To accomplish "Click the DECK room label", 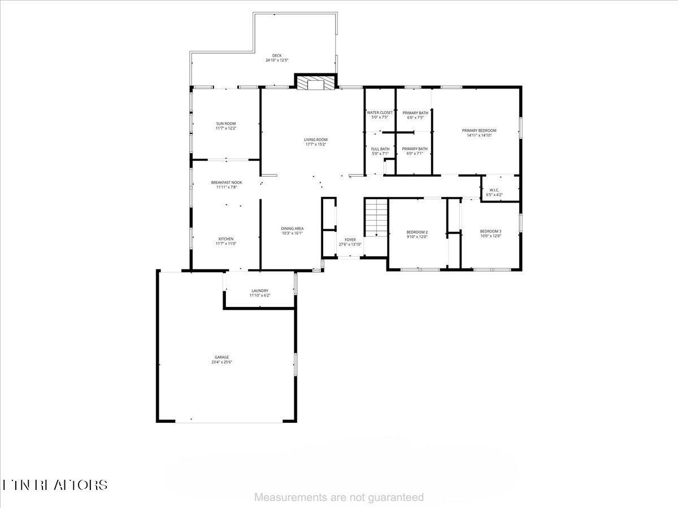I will (x=277, y=55).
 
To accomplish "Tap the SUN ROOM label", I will (x=226, y=124).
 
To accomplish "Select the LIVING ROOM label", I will (x=316, y=139).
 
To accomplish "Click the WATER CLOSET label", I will (x=380, y=113).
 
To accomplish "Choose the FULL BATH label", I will (x=380, y=149).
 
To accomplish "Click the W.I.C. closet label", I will (x=494, y=190).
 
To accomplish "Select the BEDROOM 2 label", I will (x=417, y=232).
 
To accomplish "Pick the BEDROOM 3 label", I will (x=490, y=231).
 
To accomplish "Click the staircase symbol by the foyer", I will (x=375, y=218).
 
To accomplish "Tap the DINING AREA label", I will (x=292, y=229).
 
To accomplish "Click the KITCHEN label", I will (x=226, y=239).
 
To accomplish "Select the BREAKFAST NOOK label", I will (x=226, y=182).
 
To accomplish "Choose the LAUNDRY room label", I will (x=260, y=291).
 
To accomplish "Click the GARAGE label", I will (x=221, y=357).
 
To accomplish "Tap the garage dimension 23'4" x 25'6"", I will (x=221, y=362).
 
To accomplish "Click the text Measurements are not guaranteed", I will (x=339, y=497).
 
